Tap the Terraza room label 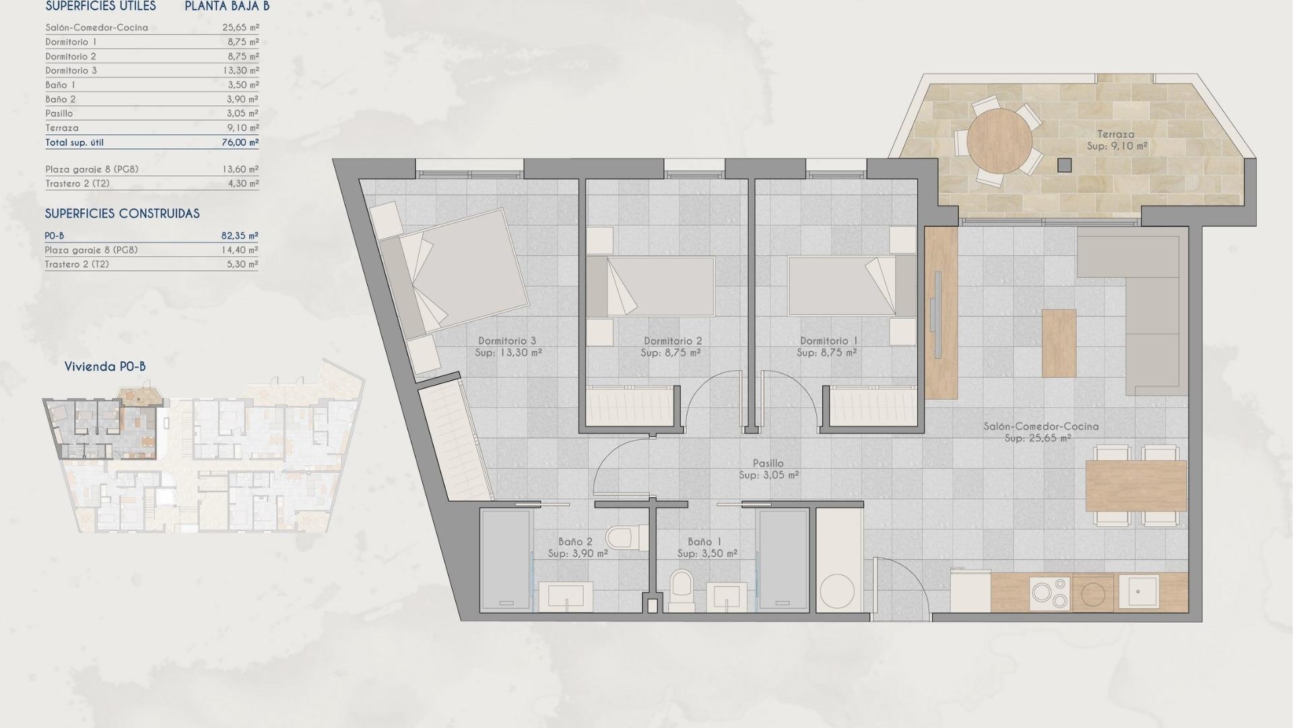pos(1115,134)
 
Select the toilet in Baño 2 pos(620,538)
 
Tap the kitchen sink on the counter pos(1138,593)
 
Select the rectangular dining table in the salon pos(1135,486)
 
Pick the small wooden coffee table pos(1059,342)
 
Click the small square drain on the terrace pos(1064,164)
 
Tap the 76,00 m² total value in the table pos(240,142)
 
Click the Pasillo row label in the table pos(59,113)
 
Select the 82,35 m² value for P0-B pos(240,236)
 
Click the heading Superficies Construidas pos(122,214)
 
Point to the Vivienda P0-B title pos(105,367)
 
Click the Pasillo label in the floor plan pos(768,463)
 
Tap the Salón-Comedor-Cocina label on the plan pos(1040,426)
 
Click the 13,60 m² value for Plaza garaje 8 pos(240,169)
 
